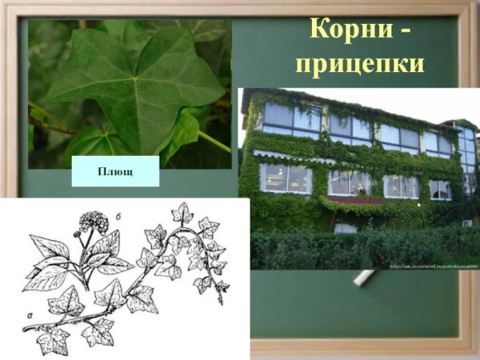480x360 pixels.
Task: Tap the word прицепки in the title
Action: [358, 63]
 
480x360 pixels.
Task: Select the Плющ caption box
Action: [115, 171]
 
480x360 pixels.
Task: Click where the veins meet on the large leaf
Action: [136, 80]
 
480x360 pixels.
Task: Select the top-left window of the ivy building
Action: [291, 118]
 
